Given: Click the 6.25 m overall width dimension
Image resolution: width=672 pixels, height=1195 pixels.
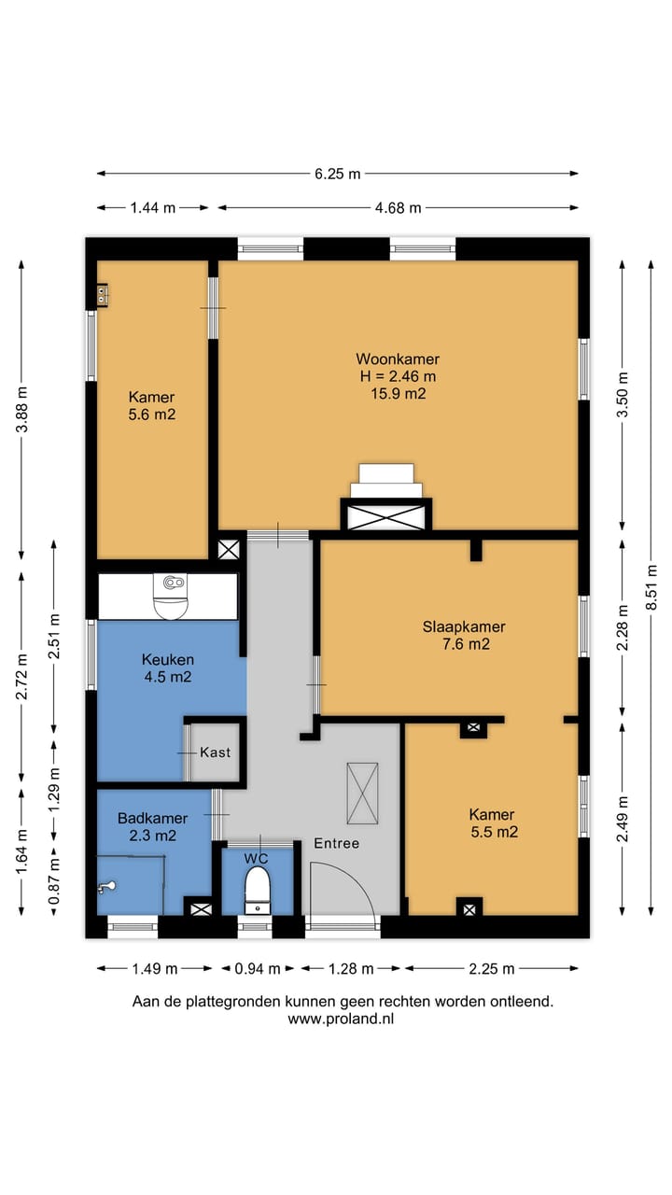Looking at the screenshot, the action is point(337,174).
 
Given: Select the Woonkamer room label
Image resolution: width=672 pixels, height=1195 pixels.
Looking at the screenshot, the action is point(398,358).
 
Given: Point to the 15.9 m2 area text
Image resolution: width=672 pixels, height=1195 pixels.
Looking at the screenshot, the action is point(399,394).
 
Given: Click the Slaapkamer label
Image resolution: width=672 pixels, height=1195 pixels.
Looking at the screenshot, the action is point(464,626).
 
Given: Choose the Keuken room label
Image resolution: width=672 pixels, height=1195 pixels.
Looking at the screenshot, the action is point(167,659).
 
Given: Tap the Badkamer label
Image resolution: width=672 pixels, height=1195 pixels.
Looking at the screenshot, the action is point(152,818).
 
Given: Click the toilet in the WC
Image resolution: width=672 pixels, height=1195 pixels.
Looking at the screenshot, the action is point(258,891).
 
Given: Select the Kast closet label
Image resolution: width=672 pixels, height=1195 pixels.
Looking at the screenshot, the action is point(216,752).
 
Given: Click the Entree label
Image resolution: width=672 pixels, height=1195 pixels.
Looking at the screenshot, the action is point(337,843).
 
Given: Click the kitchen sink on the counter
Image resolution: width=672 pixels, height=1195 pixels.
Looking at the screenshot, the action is point(171,597).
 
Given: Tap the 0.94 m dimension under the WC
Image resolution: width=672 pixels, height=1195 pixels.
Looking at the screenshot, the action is point(258,969).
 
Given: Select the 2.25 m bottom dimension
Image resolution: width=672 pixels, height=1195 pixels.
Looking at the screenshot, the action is point(492,969).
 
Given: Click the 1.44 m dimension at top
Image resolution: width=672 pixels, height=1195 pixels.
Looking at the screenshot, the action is point(153,208).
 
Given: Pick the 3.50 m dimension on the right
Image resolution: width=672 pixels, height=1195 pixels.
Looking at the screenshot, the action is point(623,395).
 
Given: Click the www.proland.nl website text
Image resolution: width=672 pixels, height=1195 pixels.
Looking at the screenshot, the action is point(341,1019).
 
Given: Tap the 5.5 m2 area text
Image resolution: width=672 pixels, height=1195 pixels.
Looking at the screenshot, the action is point(495,832).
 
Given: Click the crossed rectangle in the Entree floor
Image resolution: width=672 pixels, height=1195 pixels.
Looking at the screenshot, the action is point(363,794).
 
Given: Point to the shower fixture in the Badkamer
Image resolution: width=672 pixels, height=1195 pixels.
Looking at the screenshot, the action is point(106,887).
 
